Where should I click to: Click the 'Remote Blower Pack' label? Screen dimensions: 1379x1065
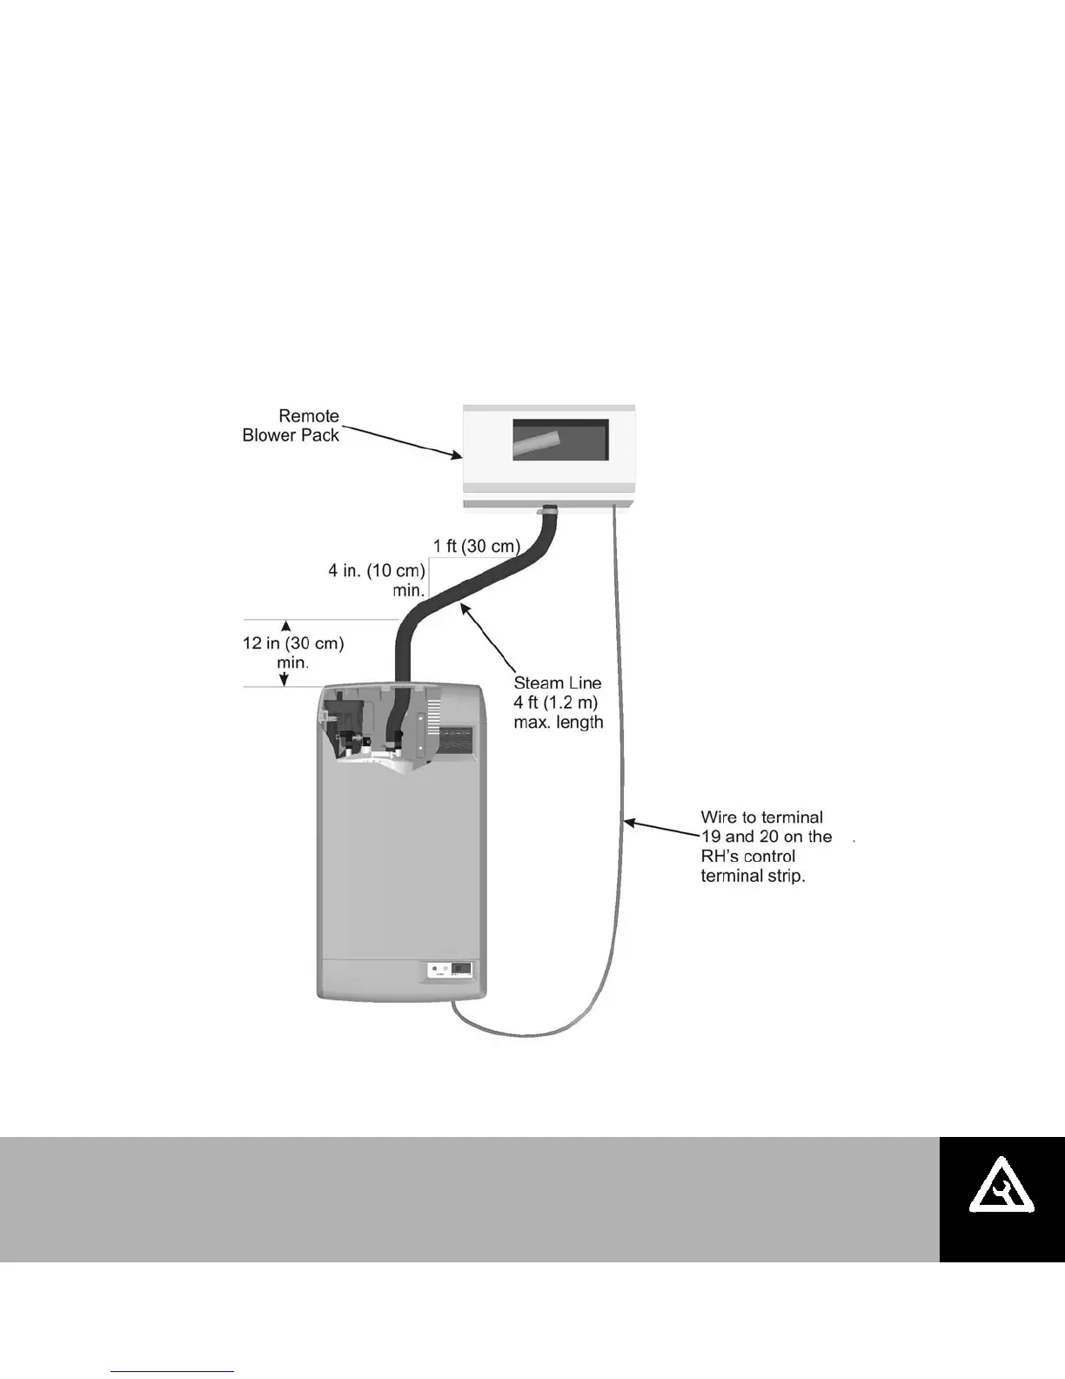(291, 426)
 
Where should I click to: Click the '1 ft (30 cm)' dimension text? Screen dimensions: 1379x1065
(476, 547)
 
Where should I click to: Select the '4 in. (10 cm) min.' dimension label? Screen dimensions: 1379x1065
(377, 580)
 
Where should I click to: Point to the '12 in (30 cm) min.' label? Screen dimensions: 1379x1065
(293, 653)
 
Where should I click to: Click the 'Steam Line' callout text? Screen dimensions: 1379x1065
(557, 683)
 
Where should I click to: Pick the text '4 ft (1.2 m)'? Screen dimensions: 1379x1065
(555, 703)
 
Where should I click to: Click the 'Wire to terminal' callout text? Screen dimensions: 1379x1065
(761, 817)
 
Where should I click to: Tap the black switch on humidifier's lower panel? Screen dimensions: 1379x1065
(461, 969)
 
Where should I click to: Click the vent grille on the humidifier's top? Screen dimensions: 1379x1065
(454, 741)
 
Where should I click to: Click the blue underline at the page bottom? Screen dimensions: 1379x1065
(172, 1372)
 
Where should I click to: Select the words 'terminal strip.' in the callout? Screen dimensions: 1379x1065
(753, 876)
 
